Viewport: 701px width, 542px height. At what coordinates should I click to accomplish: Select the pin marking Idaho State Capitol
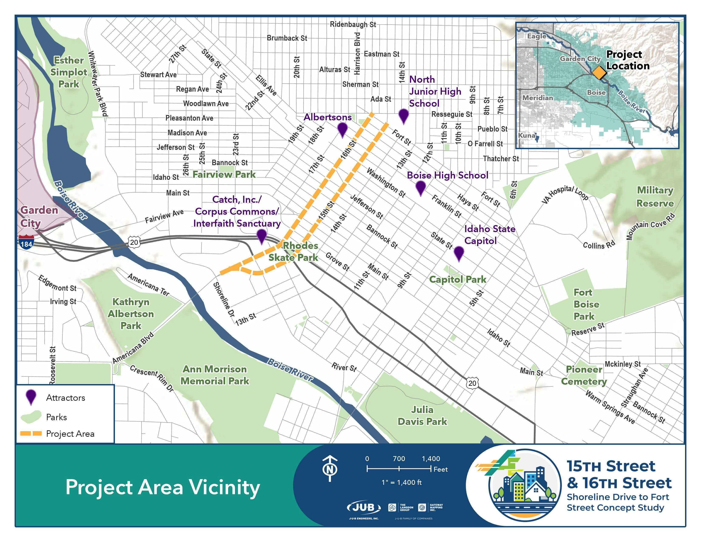(x=459, y=253)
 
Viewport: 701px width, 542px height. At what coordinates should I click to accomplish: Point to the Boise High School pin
(x=420, y=187)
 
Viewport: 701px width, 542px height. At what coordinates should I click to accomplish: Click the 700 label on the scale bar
(x=399, y=458)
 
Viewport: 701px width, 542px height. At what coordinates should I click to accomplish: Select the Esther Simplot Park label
(x=68, y=72)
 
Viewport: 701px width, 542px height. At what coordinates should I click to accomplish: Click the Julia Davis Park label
(x=422, y=416)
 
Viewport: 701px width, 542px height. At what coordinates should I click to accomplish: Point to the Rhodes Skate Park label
(x=293, y=251)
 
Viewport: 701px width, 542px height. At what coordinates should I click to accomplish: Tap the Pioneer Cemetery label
(x=584, y=375)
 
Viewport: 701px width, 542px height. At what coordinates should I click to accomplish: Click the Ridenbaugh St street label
(x=353, y=24)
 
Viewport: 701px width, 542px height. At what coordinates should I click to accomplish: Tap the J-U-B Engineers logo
(x=364, y=508)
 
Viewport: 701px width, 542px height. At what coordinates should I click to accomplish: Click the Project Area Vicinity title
(x=163, y=487)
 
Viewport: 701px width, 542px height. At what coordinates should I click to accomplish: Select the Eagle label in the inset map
(x=537, y=36)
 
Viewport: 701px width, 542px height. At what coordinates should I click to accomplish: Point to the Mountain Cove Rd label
(x=651, y=226)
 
